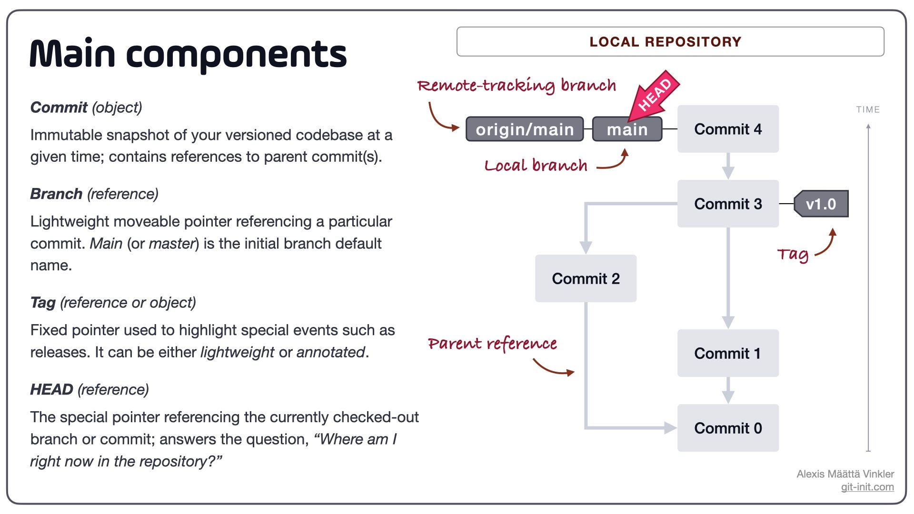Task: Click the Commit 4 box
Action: click(728, 129)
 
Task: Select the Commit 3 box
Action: click(728, 204)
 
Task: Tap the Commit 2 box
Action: click(586, 278)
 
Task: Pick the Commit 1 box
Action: click(728, 353)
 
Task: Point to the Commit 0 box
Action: click(728, 428)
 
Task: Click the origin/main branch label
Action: click(525, 129)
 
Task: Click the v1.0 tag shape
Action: click(821, 204)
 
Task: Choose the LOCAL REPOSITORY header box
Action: click(670, 42)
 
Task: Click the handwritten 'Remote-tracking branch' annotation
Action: click(517, 86)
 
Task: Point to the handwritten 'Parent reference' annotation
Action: click(492, 344)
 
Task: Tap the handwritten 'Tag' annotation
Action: click(793, 255)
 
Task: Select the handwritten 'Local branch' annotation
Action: click(536, 166)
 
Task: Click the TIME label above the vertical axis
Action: click(868, 109)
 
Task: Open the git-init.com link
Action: click(867, 487)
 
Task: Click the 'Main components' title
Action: click(188, 53)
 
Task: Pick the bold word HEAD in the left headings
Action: click(51, 389)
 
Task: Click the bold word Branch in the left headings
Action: click(56, 194)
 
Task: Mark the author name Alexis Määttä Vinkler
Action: click(845, 474)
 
